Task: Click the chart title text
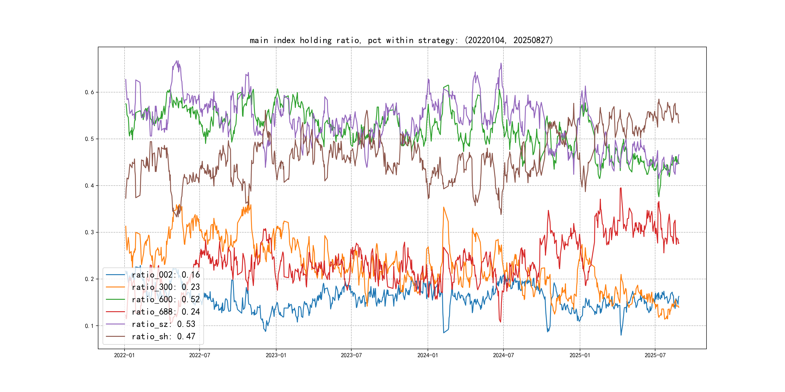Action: coord(401,40)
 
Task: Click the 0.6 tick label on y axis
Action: coord(89,92)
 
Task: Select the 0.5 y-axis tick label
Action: coord(89,139)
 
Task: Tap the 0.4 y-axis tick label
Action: coord(89,186)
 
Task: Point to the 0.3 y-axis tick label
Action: coord(89,233)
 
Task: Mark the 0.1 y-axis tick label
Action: coord(89,326)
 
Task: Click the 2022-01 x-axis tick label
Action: coord(124,355)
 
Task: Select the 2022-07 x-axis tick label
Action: coord(200,355)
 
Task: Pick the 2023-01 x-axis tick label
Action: coord(276,355)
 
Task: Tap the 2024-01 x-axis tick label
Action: coord(428,355)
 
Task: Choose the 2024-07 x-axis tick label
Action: coord(503,355)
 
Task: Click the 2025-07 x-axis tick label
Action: coord(655,355)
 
